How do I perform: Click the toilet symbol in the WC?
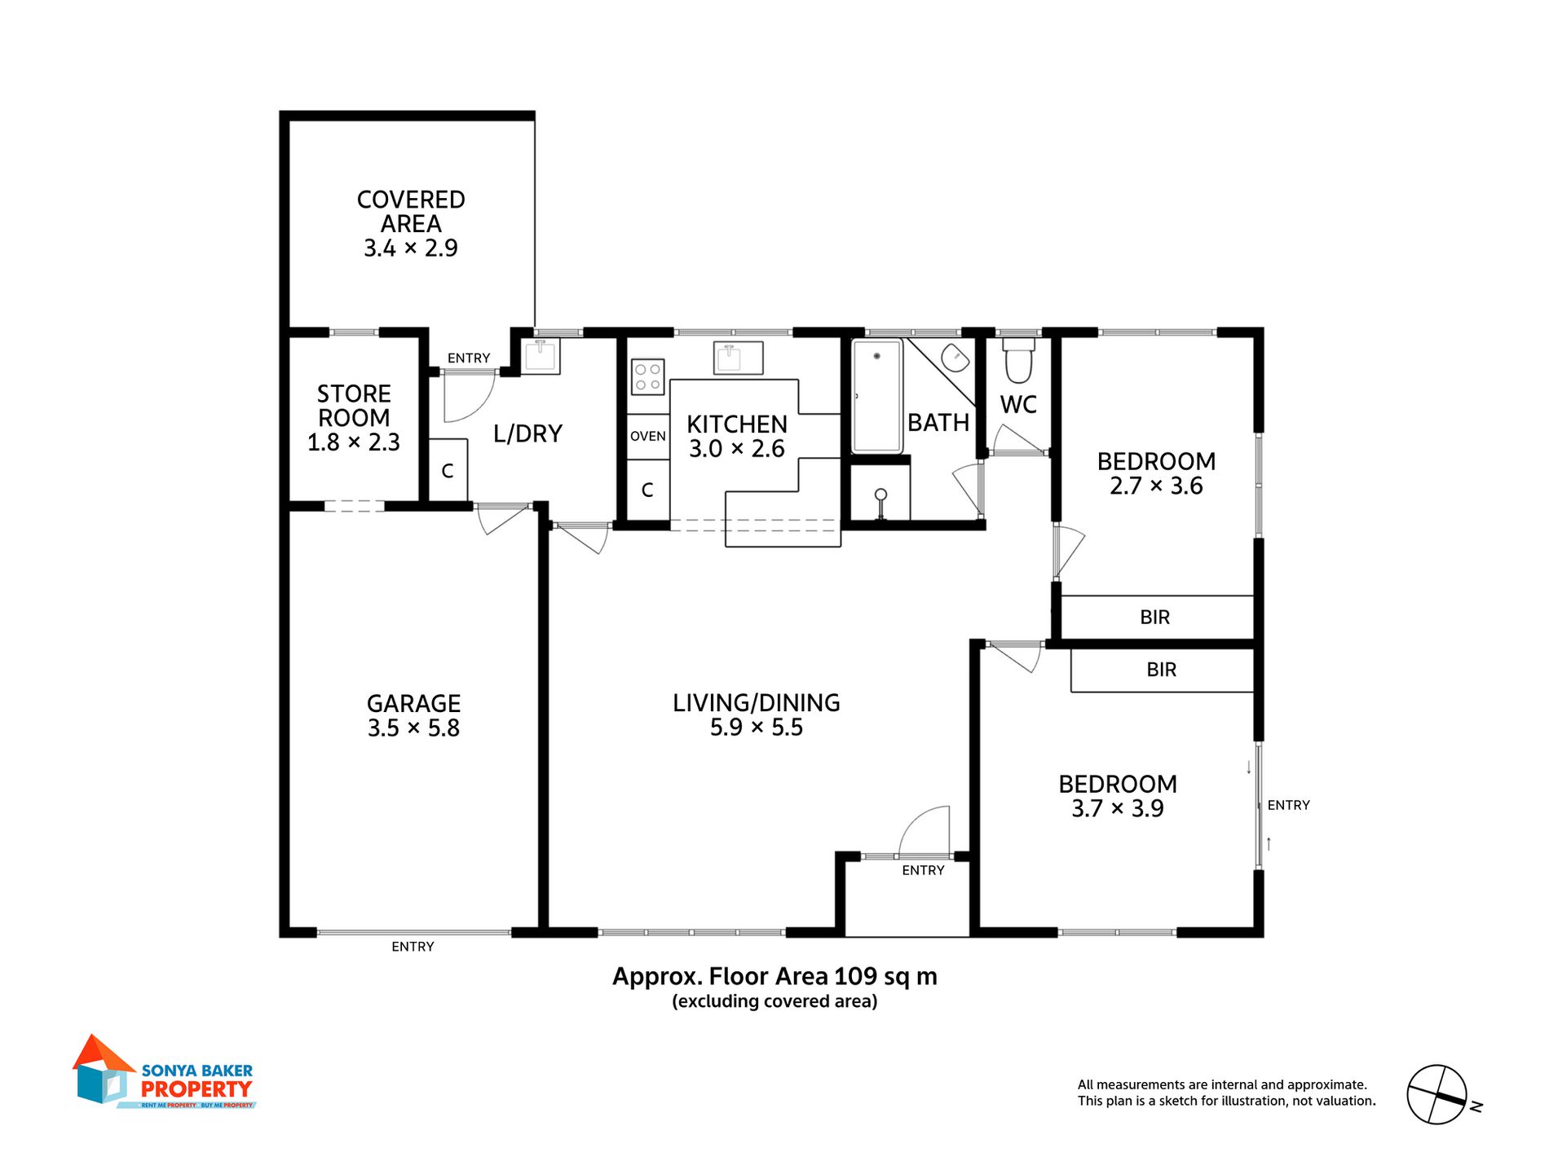point(1018,361)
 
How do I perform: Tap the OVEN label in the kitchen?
point(647,437)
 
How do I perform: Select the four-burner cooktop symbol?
point(647,377)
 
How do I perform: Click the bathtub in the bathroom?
point(876,396)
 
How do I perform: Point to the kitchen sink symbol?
point(738,358)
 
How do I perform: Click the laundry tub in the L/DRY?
point(541,356)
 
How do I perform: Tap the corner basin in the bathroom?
point(954,358)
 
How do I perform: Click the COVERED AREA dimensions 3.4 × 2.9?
point(410,248)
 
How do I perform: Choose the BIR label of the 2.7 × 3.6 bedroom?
point(1154,618)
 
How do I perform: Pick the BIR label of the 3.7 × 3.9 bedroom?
point(1161,670)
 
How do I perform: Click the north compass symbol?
point(1436,1095)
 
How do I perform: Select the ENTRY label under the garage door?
point(413,947)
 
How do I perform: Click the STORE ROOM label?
point(354,406)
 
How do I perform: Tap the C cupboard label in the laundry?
point(447,472)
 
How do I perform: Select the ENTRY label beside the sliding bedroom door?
point(1288,806)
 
